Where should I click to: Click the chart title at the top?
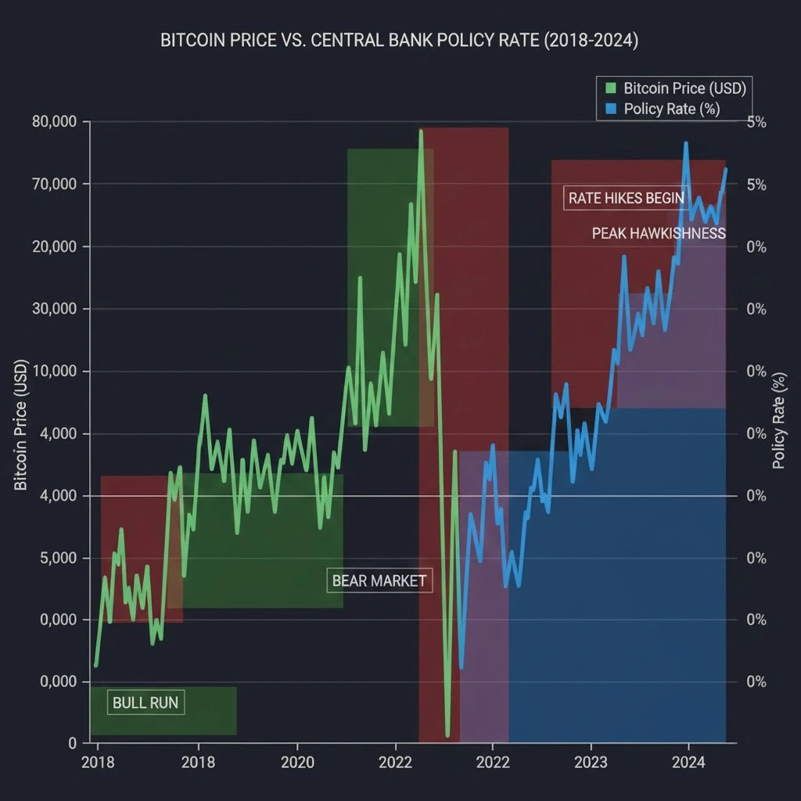click(x=400, y=41)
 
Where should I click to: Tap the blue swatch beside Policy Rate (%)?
click(x=611, y=109)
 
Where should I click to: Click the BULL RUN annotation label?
click(x=145, y=702)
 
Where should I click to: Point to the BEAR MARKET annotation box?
click(x=379, y=580)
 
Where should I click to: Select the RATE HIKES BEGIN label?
click(x=626, y=198)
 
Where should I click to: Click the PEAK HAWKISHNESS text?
click(x=659, y=233)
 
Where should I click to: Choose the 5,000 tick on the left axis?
click(x=59, y=558)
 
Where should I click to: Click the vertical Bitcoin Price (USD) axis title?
click(x=21, y=426)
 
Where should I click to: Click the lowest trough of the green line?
click(x=447, y=735)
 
